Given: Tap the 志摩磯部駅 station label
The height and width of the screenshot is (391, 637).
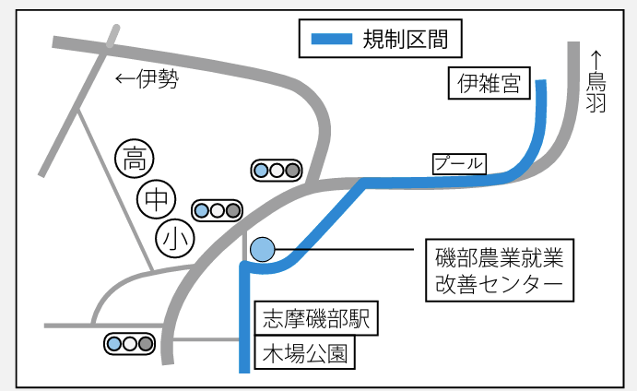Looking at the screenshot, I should point(313,320).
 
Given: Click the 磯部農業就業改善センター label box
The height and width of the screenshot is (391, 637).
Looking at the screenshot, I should point(499,269).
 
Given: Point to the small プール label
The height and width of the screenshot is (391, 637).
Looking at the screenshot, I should point(458,163).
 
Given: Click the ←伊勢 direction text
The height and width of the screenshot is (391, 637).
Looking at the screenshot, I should point(146,79).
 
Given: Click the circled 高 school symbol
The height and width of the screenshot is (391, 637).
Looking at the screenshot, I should point(134,159).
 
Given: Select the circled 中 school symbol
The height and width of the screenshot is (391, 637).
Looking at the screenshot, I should point(156,197).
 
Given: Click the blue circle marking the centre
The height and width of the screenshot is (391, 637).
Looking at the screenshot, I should point(263,249).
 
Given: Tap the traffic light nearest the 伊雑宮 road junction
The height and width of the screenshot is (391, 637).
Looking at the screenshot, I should point(277,171).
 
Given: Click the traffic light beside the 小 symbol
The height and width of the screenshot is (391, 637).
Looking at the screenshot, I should point(217,211).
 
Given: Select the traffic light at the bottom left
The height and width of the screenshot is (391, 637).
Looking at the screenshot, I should point(129,344).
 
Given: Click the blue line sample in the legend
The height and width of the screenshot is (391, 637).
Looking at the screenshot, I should point(331,40).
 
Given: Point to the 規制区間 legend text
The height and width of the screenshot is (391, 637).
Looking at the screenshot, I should point(398,40).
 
